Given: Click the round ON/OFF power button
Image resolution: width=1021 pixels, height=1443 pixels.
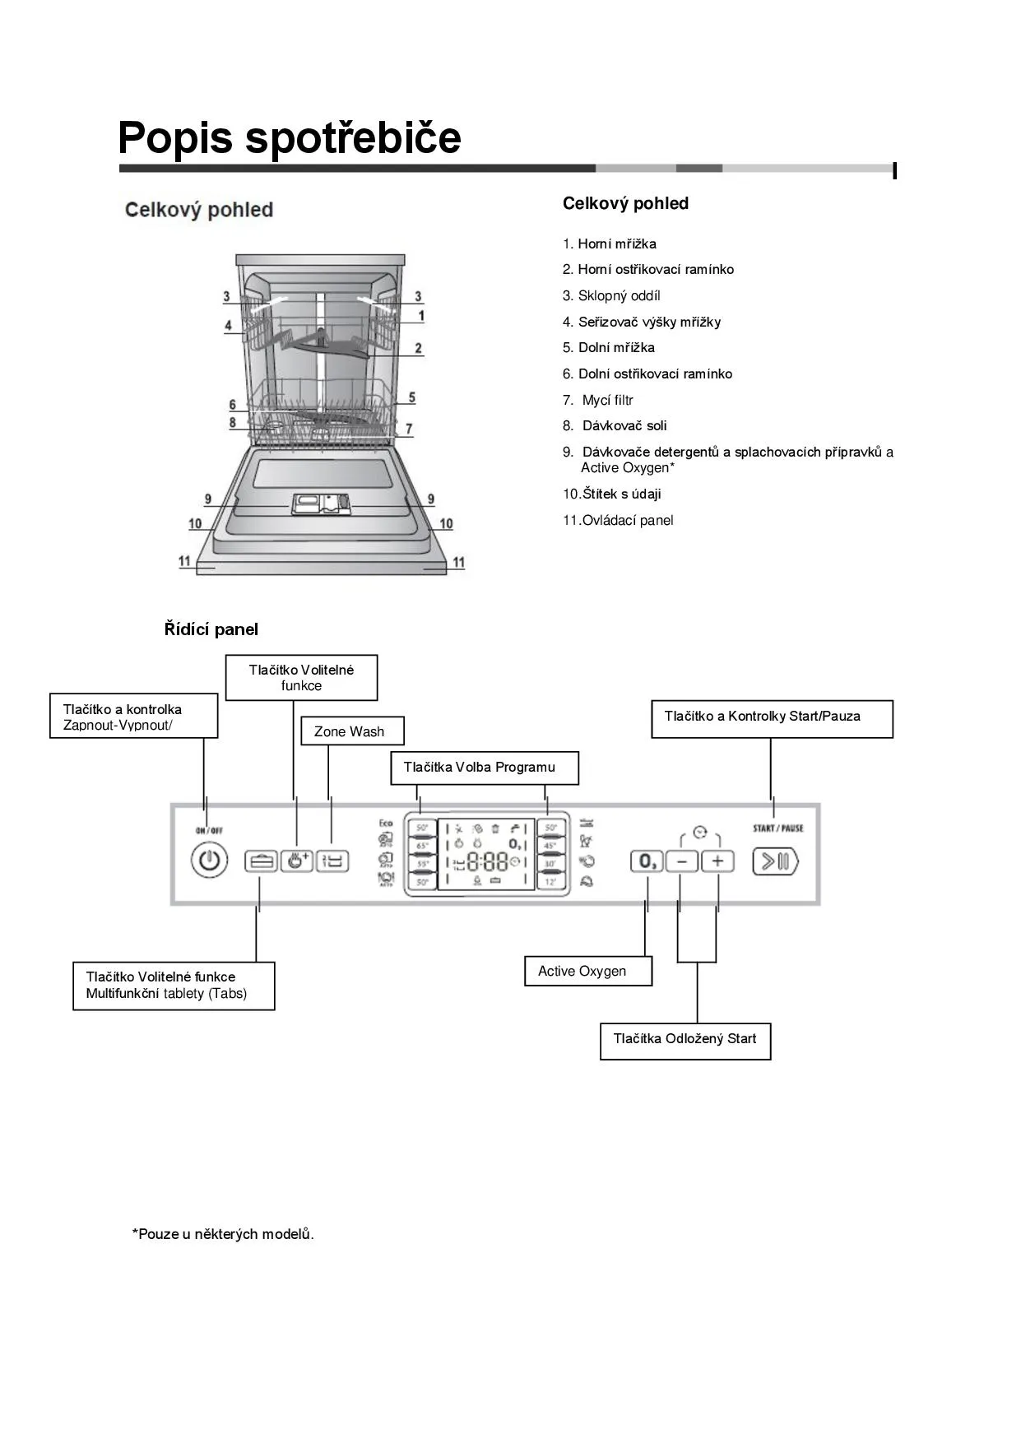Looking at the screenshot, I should [x=210, y=861].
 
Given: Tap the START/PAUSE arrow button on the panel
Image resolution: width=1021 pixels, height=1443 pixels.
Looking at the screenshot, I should [x=775, y=861].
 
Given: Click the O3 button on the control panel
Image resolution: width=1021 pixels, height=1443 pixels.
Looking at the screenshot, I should [x=647, y=861].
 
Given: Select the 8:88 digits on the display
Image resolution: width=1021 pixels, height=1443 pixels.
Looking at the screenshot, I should [x=487, y=862].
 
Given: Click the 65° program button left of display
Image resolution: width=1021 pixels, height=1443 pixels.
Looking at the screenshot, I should [x=422, y=845].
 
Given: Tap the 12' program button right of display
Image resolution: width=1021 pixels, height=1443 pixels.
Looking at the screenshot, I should [x=550, y=882].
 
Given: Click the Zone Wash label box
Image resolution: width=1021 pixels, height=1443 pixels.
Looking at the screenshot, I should [x=352, y=731].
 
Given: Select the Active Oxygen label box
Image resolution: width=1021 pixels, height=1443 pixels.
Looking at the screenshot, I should [x=588, y=971].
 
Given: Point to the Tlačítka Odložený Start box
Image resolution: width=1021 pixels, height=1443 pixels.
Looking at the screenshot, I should [x=685, y=1039].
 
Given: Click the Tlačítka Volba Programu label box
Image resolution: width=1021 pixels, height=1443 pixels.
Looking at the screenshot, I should [x=484, y=768].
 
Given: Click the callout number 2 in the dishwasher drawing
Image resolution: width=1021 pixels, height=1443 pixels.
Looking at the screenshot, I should [x=418, y=348].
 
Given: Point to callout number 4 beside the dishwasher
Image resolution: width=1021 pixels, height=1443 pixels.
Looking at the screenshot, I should [x=229, y=326].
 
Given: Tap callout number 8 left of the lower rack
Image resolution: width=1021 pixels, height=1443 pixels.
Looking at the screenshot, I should [x=233, y=423].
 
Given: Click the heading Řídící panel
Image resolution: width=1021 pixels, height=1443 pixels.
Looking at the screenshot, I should [x=211, y=629].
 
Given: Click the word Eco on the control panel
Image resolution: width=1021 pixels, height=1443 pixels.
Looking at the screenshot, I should [x=385, y=823].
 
